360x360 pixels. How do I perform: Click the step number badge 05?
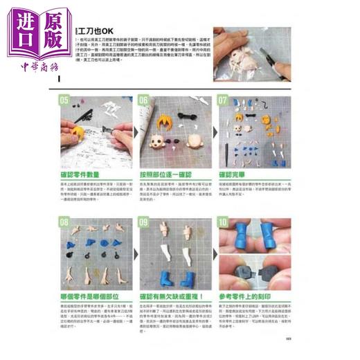(x=65, y=100)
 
